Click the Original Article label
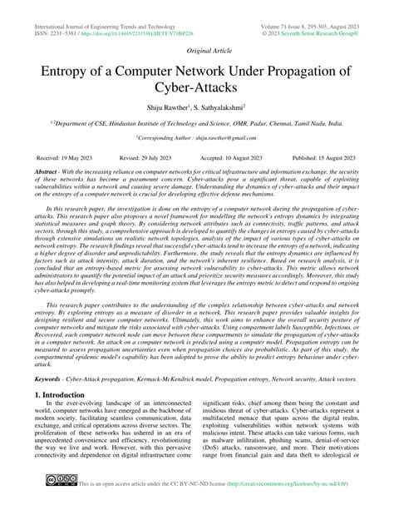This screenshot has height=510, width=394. [x=197, y=49]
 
